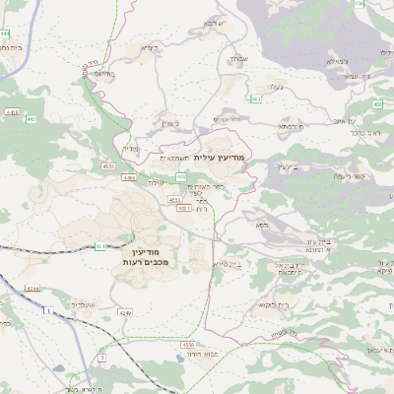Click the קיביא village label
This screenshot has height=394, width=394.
148,47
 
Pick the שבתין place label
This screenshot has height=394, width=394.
236,59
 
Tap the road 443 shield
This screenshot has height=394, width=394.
30,119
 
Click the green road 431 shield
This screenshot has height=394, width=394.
100,246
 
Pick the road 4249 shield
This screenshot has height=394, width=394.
124,312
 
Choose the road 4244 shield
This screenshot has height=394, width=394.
33,288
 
